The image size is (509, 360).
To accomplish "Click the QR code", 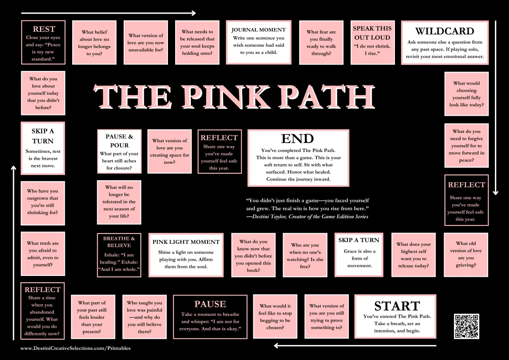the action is click(467, 326).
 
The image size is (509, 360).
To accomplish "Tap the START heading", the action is click(397, 306).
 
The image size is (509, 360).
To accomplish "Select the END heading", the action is click(297, 138).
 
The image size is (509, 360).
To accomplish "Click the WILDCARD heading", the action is click(445, 31).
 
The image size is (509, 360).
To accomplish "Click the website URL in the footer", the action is click(76, 348).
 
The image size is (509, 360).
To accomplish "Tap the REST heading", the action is click(44, 29).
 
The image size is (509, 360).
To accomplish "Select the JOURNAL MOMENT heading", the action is click(258, 30).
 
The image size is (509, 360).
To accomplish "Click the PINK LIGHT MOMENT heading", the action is click(186, 242).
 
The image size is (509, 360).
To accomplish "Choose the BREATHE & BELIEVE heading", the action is click(119, 242).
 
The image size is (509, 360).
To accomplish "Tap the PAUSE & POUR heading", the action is click(119, 141).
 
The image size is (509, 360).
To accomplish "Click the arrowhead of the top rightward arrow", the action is click(193, 13).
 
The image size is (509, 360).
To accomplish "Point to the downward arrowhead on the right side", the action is click(495, 193).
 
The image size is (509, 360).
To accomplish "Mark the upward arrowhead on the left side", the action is click(14, 168).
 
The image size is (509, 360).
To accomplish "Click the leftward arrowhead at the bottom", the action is click(276, 346).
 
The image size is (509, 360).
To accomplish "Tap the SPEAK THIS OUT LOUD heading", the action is click(372, 33).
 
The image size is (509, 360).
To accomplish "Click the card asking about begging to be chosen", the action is click(275, 317).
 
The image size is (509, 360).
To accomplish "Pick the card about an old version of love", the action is click(466, 254).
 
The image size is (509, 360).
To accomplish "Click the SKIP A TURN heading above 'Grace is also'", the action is click(359, 240).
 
